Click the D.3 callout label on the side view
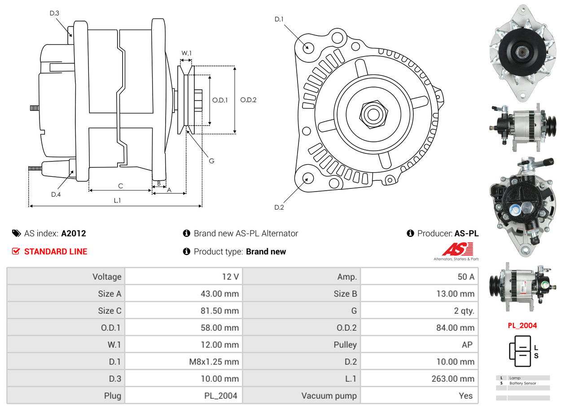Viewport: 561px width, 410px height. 54,13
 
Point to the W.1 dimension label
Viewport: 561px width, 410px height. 186,53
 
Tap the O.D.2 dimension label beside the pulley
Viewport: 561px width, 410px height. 248,100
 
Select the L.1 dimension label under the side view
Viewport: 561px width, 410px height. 117,200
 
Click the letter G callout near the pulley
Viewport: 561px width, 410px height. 211,160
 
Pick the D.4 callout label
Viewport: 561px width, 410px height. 56,194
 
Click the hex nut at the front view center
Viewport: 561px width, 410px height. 373,113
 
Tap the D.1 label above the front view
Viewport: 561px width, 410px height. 279,19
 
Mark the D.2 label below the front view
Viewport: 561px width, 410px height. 279,207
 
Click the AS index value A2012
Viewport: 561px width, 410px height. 74,233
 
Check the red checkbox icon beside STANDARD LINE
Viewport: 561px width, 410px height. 16,251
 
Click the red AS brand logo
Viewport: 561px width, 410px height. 457,249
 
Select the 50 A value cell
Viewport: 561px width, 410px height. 465,277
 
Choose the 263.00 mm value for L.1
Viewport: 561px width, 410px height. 453,379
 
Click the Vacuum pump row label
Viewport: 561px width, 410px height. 329,396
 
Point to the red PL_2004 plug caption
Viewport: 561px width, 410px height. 522,326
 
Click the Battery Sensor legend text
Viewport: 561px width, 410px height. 523,383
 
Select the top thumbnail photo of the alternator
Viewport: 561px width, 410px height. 522,53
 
